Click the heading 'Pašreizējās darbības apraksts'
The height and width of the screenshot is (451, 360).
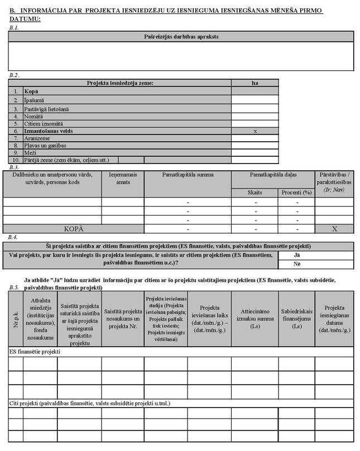181,36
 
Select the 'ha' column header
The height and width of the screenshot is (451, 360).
255,83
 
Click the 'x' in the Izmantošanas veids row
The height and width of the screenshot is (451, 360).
255,131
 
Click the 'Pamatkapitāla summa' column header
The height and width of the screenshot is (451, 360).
188,175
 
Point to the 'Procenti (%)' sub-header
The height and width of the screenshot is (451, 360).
296,192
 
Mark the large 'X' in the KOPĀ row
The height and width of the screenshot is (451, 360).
334,228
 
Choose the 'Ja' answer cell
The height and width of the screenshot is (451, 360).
297,255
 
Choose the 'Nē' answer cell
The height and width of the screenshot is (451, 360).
297,263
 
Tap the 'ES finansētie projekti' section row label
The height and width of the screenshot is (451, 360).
35,352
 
